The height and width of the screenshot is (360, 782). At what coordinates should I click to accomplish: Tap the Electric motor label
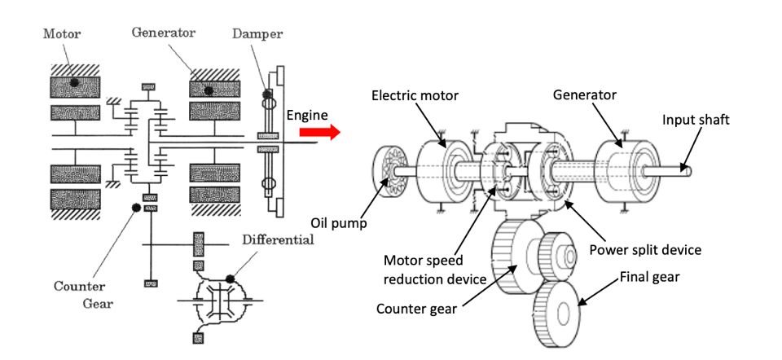coord(415,96)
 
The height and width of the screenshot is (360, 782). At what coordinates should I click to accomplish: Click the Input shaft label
coord(696,120)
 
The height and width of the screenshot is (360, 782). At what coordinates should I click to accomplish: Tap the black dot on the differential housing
coord(231,278)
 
